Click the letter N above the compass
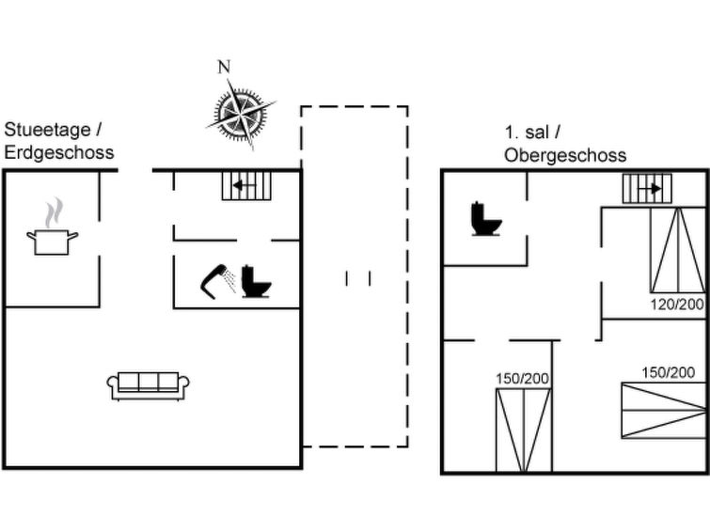(224, 67)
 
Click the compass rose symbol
(241, 114)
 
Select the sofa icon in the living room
(148, 386)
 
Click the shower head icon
(218, 281)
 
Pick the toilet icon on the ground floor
(257, 281)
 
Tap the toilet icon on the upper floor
(486, 219)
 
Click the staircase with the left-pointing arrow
(246, 185)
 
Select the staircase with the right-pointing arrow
(647, 189)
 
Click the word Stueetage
(48, 130)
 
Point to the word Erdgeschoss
(59, 152)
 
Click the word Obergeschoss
(565, 155)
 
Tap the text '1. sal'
(527, 133)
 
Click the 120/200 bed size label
(677, 305)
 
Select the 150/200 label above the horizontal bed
(669, 372)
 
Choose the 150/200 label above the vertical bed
(523, 379)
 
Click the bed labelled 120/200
(678, 250)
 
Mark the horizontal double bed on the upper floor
(664, 411)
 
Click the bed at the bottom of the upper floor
(524, 430)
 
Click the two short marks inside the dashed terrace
(358, 278)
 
